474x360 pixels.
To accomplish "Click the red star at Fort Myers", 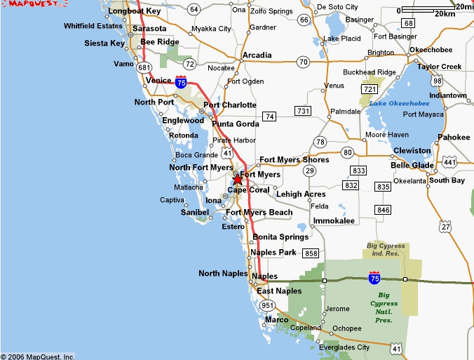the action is click(x=238, y=180).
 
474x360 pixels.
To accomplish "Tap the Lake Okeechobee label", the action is click(x=397, y=104).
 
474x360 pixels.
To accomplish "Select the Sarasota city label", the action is click(x=149, y=29).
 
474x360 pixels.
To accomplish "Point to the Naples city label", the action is click(x=264, y=276).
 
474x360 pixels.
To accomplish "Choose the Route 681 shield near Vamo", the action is click(x=144, y=67).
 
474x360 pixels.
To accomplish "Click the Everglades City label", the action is click(x=344, y=347).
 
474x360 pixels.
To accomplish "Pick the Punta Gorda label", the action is click(x=235, y=124).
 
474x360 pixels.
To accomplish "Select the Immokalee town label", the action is click(x=334, y=220).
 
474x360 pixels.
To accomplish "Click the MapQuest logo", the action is click(x=25, y=5).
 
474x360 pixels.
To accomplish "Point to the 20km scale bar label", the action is click(x=445, y=14).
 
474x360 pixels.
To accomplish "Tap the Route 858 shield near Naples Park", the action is click(x=311, y=253).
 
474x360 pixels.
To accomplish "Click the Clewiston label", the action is click(x=412, y=151).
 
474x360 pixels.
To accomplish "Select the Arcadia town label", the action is click(x=257, y=55).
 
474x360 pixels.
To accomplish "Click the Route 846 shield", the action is click(x=383, y=210).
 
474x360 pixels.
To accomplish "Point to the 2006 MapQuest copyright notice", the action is click(x=38, y=356).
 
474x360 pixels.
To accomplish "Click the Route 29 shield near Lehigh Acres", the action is click(x=309, y=171).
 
